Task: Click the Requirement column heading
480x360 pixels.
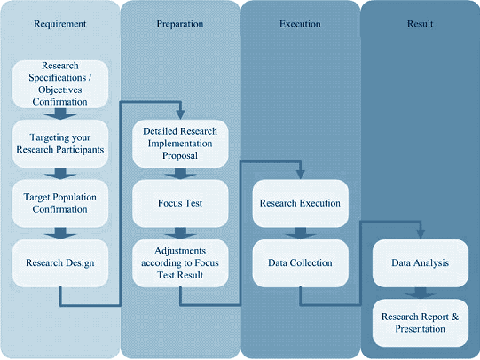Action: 60,24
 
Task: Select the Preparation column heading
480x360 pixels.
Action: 180,24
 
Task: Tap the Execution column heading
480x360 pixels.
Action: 300,24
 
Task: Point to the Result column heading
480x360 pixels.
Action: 420,24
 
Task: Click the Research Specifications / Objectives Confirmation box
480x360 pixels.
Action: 60,84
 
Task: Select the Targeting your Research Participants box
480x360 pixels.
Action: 60,144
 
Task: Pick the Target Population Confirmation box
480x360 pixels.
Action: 60,203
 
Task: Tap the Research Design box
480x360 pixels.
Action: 60,263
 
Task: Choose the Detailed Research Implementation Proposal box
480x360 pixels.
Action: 180,144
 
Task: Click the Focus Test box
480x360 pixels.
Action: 180,203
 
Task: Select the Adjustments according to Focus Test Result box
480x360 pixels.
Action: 180,263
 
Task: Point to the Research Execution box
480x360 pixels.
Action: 300,203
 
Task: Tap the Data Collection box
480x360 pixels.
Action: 300,263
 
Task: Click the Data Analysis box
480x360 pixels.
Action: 421,263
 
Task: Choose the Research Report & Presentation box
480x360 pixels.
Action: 421,323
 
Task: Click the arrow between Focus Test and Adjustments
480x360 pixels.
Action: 180,233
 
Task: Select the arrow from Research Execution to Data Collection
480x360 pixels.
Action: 300,233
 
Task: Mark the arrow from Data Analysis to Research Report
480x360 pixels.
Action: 421,293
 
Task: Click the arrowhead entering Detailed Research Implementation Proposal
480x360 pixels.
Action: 180,114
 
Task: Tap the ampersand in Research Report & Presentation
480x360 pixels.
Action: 455,317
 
